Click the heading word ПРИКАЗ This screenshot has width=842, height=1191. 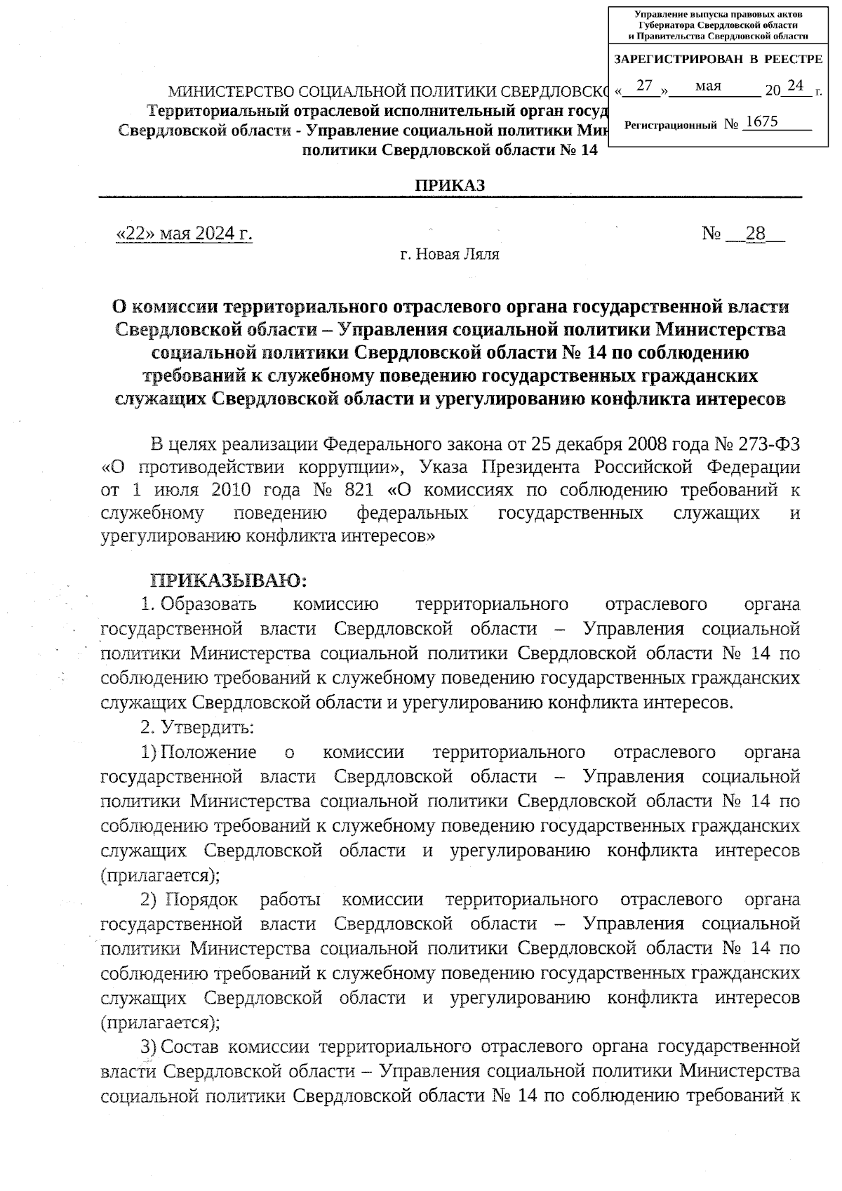coord(449,185)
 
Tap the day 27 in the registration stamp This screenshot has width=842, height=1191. coord(645,86)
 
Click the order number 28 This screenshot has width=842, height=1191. coord(755,234)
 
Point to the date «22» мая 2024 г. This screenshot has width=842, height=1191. coord(184,234)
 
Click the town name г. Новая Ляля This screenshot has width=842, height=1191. coord(449,254)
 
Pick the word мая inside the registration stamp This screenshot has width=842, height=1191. coord(709,86)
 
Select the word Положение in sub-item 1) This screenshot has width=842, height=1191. coord(208,752)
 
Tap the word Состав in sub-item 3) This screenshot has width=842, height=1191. coord(190,1047)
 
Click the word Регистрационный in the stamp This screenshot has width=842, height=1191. coord(670,125)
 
